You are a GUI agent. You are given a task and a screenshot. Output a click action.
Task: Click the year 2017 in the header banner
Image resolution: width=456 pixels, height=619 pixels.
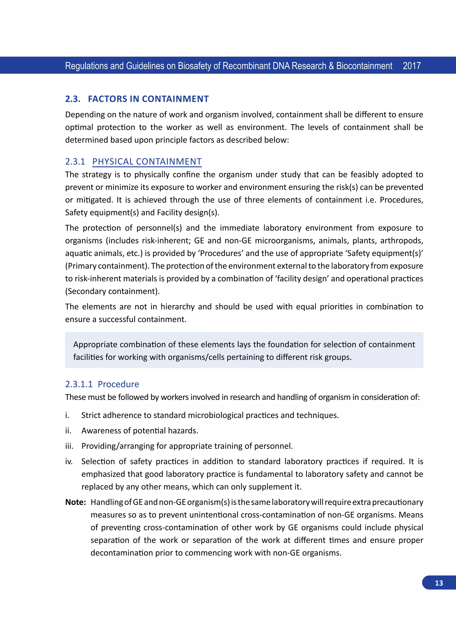[411, 66]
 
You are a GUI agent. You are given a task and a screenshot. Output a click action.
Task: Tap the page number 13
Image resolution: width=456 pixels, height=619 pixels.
[439, 583]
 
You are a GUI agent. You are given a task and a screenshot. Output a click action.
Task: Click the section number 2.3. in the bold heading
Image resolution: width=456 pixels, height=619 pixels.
[73, 99]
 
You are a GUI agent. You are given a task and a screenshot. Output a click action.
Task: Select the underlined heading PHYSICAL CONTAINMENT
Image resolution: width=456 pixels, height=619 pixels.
[147, 161]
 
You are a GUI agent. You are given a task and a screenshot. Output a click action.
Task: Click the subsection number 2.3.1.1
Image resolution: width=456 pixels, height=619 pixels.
[79, 384]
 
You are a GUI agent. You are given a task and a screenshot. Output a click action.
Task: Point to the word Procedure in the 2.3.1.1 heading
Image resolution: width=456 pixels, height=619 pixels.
[118, 384]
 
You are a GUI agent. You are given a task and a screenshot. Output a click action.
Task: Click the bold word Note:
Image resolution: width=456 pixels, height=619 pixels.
[75, 502]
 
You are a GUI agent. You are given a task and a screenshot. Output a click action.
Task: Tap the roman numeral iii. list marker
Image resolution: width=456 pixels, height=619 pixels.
[69, 446]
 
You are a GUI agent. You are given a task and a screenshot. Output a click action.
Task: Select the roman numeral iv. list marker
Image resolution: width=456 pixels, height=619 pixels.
[69, 461]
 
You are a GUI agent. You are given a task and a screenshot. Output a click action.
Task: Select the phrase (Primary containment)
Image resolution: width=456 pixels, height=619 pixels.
[107, 266]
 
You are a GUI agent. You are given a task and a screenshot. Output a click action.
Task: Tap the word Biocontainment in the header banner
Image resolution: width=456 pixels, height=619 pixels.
[364, 66]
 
